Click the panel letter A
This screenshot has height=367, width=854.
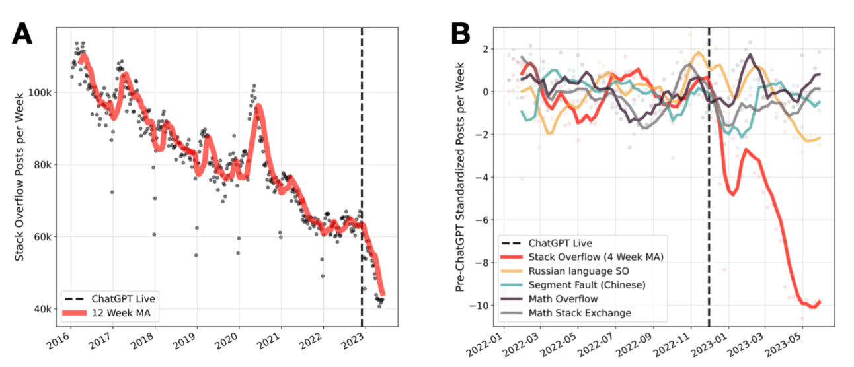(x=24, y=32)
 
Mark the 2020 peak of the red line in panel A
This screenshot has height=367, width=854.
(x=258, y=106)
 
